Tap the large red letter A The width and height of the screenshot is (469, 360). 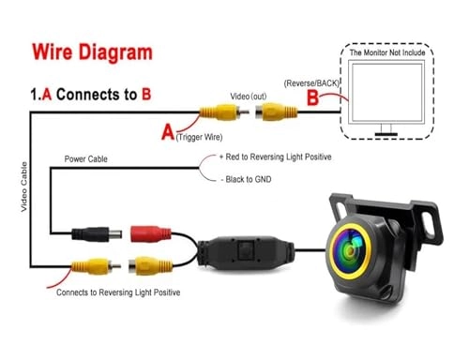pyautogui.click(x=168, y=133)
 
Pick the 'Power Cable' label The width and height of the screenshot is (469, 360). pyautogui.click(x=86, y=159)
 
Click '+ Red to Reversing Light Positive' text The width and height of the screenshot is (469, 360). pyautogui.click(x=275, y=157)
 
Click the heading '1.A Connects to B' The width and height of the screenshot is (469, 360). pyautogui.click(x=92, y=95)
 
